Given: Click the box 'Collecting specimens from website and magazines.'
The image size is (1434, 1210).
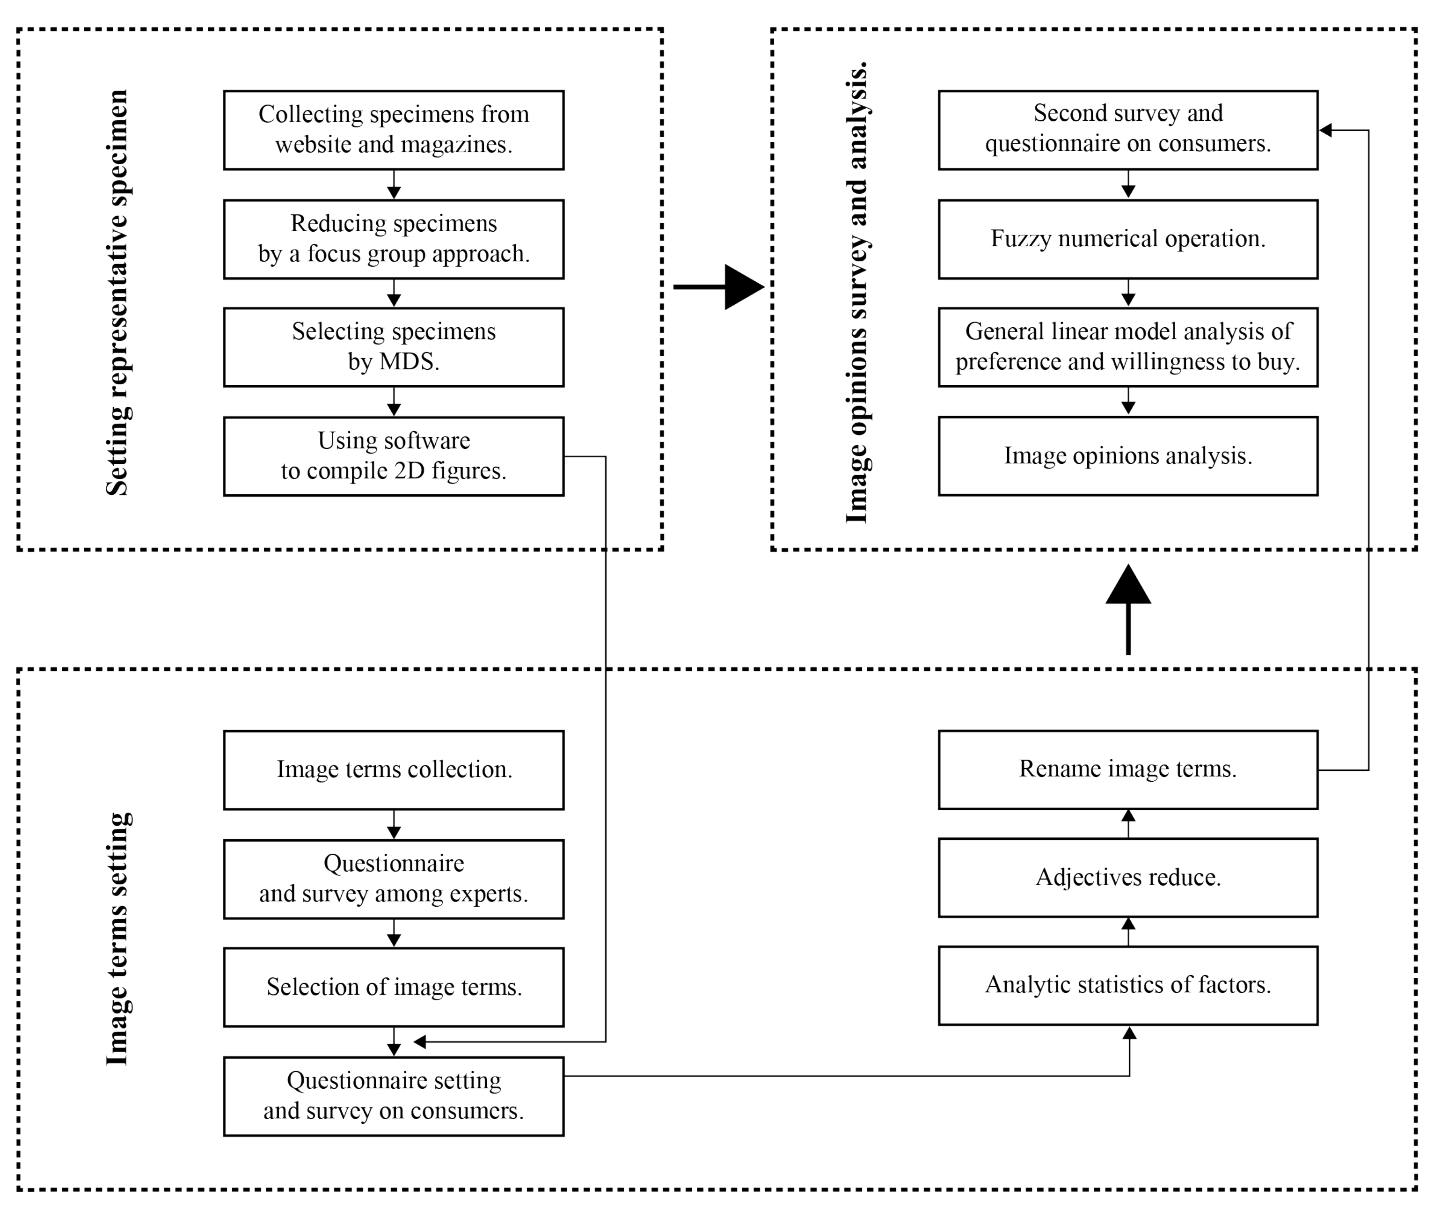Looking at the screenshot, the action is tap(394, 130).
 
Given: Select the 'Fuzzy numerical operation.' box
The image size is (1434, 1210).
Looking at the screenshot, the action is tap(1128, 239).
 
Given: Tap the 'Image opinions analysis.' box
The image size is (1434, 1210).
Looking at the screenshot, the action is tap(1128, 456).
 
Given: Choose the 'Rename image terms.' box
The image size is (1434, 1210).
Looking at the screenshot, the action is tap(1128, 770).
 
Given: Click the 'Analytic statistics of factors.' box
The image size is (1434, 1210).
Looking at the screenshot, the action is tap(1128, 986).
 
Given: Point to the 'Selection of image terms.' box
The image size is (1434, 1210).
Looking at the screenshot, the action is tap(394, 988).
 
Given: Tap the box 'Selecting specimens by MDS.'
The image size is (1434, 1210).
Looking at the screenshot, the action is tap(394, 347).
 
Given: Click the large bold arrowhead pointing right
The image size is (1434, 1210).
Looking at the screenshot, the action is tap(743, 287).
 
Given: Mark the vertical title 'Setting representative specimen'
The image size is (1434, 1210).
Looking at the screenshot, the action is tap(117, 292).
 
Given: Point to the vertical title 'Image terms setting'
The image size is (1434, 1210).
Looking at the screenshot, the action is tap(117, 939).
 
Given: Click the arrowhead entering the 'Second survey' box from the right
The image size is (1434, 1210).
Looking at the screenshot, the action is tap(1325, 130).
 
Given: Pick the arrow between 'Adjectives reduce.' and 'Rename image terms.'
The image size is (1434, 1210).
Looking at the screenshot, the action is tap(1128, 824).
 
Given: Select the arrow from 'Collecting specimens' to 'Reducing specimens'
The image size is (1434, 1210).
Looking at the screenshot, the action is tap(394, 184).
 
